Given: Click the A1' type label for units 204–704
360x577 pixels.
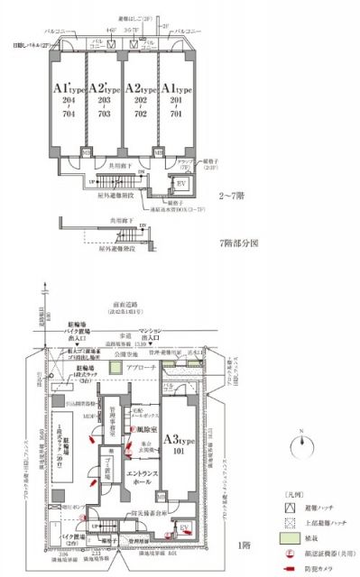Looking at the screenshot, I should (x=67, y=90).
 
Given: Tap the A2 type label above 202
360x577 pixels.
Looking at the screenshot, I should (x=140, y=90).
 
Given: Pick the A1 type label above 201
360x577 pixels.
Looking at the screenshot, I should (x=176, y=90).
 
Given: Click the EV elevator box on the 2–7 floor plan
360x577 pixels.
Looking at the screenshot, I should (x=180, y=183).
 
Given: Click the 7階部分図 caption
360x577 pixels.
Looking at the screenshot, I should (x=240, y=243).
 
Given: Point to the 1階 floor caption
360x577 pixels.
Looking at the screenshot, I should (x=244, y=545).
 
